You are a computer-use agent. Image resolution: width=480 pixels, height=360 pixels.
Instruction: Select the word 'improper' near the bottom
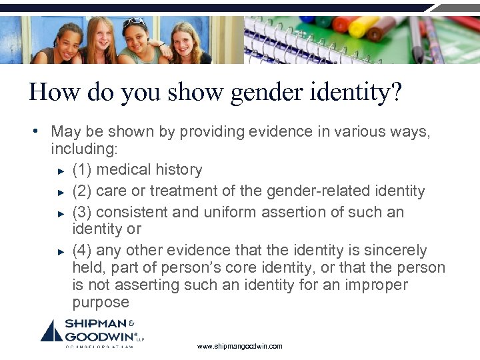pyautogui.click(x=374, y=285)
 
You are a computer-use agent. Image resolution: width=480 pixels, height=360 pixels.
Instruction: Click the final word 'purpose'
pyautogui.click(x=101, y=303)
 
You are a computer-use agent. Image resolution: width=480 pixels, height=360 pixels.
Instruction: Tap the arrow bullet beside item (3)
pyautogui.click(x=61, y=213)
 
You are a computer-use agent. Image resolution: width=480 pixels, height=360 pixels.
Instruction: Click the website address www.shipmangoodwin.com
pyautogui.click(x=240, y=347)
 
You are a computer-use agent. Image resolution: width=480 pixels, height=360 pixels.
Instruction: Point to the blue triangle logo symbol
pyautogui.click(x=52, y=332)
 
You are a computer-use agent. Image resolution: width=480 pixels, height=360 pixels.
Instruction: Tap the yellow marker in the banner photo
pyautogui.click(x=364, y=27)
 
